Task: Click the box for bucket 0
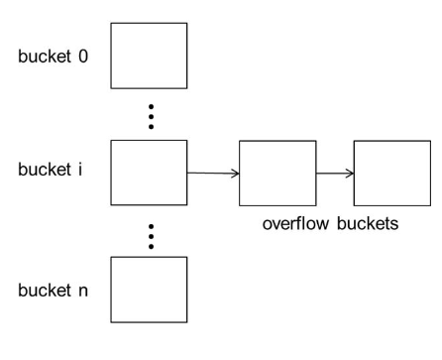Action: click(x=147, y=57)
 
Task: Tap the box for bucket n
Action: click(x=147, y=289)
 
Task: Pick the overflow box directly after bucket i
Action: click(x=277, y=174)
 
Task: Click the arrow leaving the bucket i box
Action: click(x=212, y=174)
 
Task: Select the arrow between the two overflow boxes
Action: click(x=335, y=174)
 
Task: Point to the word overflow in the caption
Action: click(x=296, y=224)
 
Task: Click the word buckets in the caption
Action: click(x=369, y=224)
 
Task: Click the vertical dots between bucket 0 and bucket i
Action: click(x=150, y=114)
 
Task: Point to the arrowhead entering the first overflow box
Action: click(x=235, y=174)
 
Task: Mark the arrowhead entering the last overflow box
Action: click(x=351, y=174)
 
